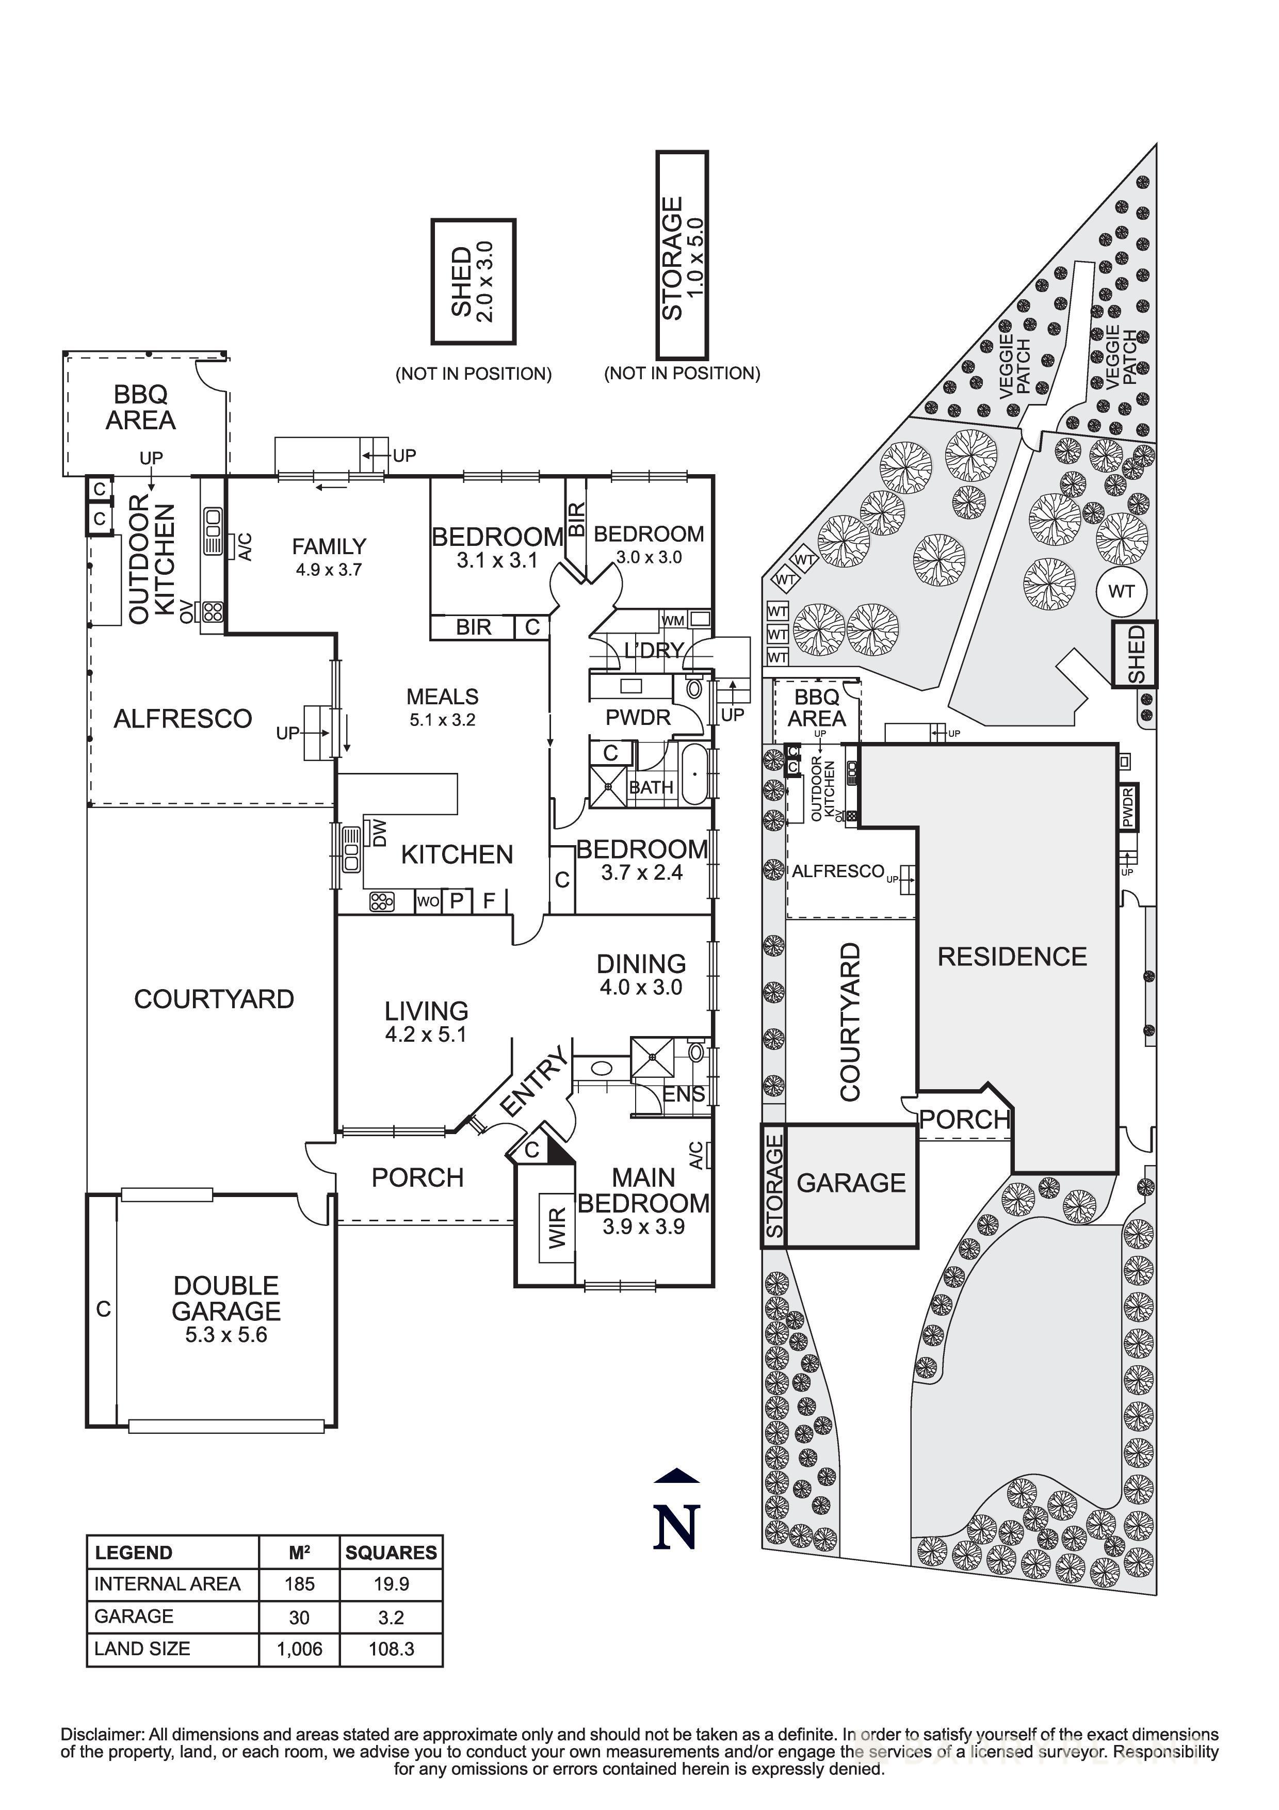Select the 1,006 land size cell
pos(299,1649)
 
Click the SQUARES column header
pos(391,1553)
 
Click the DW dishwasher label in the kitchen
pos(380,832)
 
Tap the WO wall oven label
pos(428,901)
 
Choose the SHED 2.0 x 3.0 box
pos(473,282)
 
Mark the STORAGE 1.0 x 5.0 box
pos(683,255)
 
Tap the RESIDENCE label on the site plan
pos(1012,956)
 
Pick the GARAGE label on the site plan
pos(851,1183)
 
